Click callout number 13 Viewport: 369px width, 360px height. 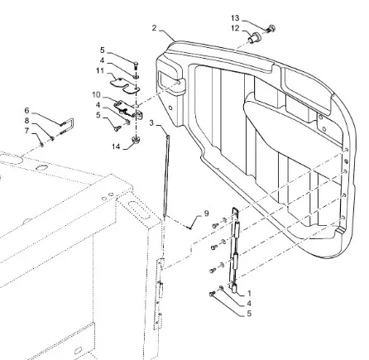(235, 18)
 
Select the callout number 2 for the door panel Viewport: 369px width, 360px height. (154, 28)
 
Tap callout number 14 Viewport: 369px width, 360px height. (116, 146)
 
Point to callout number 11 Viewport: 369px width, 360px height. (100, 71)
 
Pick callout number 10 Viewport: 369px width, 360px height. (96, 95)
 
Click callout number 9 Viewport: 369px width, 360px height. (206, 214)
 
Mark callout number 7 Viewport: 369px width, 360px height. (26, 131)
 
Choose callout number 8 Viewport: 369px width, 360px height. (26, 121)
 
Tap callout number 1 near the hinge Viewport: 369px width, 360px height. (249, 293)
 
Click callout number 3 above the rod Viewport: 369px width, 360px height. (151, 122)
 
